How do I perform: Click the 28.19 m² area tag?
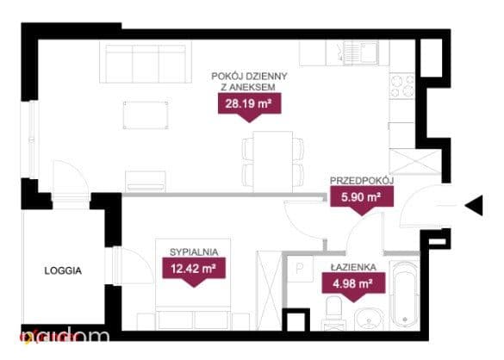coord(250,104)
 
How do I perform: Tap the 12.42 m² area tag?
coord(194,269)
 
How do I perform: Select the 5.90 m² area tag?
coord(362,197)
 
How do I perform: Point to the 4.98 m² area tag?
coord(353,284)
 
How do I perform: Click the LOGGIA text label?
coord(63,271)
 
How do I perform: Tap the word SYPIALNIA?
coord(194,252)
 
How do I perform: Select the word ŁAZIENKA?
coord(353,267)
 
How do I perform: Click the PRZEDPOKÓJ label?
coord(362,181)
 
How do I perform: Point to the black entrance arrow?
coord(474,205)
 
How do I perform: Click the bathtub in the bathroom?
coord(405,294)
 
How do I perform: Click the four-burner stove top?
coord(402,86)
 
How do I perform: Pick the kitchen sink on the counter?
coord(361,53)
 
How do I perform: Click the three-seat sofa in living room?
coord(146,62)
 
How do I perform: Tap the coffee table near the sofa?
coord(146,115)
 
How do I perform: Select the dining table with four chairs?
coord(273,162)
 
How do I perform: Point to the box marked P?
coord(300,269)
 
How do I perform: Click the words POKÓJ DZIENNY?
coord(250,77)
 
